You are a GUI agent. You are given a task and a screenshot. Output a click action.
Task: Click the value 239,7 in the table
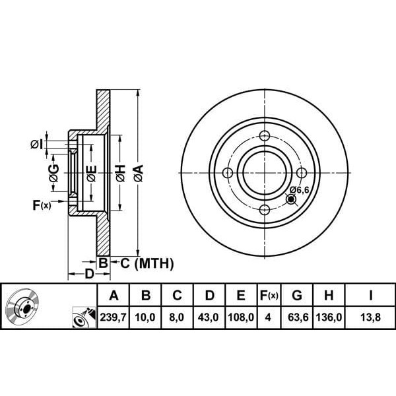click(x=113, y=317)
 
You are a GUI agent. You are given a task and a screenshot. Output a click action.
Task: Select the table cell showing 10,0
click(x=145, y=317)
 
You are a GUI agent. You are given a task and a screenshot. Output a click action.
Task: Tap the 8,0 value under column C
click(x=177, y=317)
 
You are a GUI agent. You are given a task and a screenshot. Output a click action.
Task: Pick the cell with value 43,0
click(x=208, y=317)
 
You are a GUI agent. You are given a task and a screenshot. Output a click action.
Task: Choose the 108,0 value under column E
click(x=241, y=317)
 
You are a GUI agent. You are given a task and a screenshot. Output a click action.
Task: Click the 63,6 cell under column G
click(x=298, y=317)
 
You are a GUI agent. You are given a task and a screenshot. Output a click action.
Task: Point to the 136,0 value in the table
click(x=329, y=317)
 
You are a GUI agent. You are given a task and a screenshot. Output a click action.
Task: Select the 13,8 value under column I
click(x=370, y=317)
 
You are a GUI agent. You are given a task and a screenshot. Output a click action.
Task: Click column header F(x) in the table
click(x=269, y=295)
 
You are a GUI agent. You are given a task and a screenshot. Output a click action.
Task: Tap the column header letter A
click(x=114, y=295)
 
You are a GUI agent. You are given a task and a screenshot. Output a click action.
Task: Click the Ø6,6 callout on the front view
click(x=299, y=190)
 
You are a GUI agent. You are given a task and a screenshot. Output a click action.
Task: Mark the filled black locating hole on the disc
click(x=291, y=199)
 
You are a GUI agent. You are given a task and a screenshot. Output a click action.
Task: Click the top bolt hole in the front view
click(x=265, y=136)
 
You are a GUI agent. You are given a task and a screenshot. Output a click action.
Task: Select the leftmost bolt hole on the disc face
click(x=228, y=173)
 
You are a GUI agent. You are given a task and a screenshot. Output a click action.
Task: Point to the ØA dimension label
click(x=139, y=173)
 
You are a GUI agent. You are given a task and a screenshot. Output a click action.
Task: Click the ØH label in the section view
click(x=121, y=173)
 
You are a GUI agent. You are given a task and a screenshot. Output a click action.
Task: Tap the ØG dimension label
click(x=54, y=173)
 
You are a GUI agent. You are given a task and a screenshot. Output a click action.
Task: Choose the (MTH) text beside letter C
click(x=154, y=263)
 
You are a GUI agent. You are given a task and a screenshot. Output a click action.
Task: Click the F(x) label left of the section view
click(x=42, y=205)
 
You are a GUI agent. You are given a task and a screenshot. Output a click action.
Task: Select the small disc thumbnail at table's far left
click(x=22, y=306)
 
